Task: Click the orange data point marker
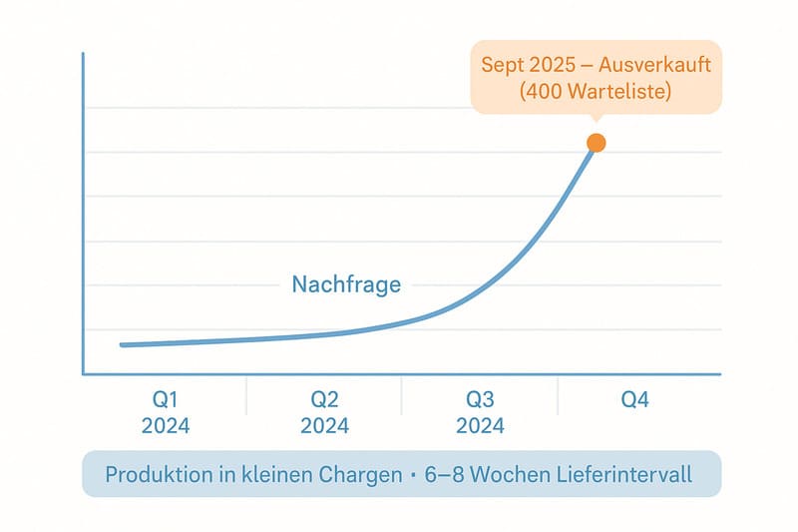pyautogui.click(x=596, y=143)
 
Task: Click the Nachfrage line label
pyautogui.click(x=346, y=284)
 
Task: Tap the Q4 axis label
pyautogui.click(x=635, y=400)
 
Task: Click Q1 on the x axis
pyautogui.click(x=166, y=400)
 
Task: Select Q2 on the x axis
pyautogui.click(x=324, y=400)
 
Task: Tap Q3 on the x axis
pyautogui.click(x=480, y=400)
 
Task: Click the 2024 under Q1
pyautogui.click(x=166, y=426)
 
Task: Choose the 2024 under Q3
pyautogui.click(x=480, y=426)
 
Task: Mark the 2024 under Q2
pyautogui.click(x=324, y=426)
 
